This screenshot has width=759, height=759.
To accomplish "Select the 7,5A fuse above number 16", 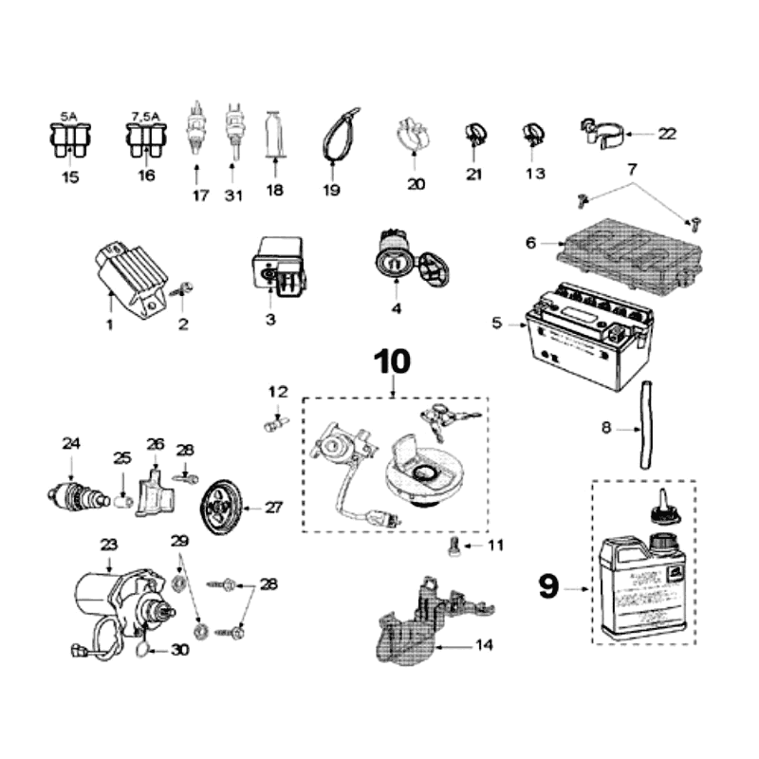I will tap(145, 141).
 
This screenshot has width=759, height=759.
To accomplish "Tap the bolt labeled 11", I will tap(454, 547).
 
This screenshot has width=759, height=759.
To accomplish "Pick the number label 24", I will tap(71, 442).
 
